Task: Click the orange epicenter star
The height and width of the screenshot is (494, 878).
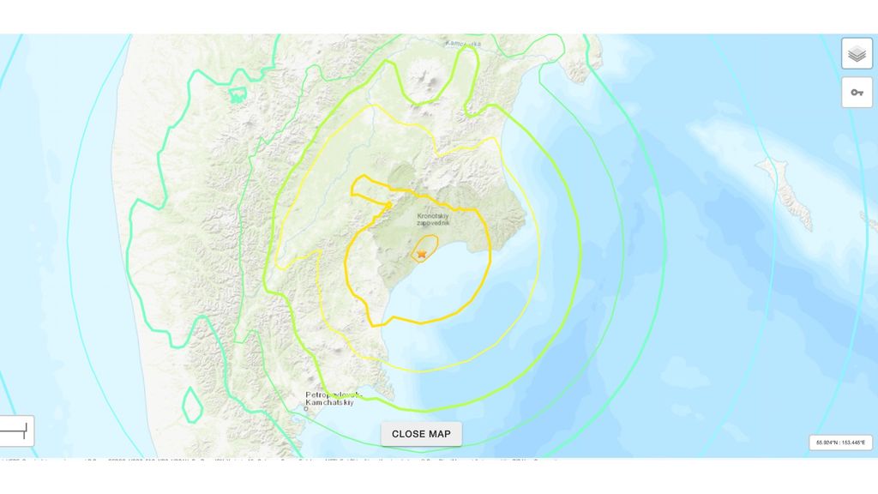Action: coord(422,254)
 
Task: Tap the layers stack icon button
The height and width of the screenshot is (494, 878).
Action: coord(857,54)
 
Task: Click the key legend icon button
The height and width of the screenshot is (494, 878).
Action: coord(857,93)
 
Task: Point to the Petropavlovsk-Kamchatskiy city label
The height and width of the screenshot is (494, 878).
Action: coord(334,400)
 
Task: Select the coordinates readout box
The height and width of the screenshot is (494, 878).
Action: coord(840,443)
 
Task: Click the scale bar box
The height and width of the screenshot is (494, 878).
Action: coord(16,431)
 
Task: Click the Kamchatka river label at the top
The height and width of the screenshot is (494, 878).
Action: coord(463,43)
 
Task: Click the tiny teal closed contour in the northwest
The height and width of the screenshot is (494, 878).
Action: coord(237,95)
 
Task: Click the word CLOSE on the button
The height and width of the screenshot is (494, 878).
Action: coord(406,434)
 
